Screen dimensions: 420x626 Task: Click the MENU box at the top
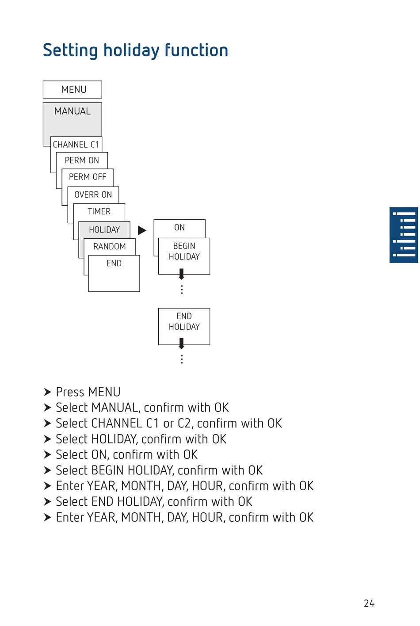(x=73, y=89)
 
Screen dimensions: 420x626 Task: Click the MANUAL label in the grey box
(x=73, y=111)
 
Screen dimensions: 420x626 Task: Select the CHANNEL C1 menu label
(x=76, y=145)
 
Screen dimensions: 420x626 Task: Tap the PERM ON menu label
(x=82, y=160)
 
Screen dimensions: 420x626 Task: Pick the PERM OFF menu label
(x=88, y=177)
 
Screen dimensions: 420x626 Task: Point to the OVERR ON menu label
(x=93, y=195)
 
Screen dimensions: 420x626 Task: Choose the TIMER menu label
(x=99, y=211)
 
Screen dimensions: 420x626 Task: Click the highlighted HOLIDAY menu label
(x=104, y=230)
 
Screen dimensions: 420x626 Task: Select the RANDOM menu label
(x=110, y=247)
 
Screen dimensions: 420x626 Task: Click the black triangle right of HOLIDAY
(x=142, y=230)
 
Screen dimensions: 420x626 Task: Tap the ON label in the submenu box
(x=179, y=228)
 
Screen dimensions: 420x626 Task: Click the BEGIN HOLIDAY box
(x=184, y=256)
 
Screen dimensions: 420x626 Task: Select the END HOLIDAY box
(x=184, y=326)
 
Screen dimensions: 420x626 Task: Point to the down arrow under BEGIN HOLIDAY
(x=181, y=274)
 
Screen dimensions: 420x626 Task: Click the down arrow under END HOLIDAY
(x=181, y=344)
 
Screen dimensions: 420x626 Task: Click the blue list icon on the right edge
(x=404, y=235)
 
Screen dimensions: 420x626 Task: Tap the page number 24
(x=369, y=603)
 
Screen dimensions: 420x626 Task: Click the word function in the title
(x=196, y=50)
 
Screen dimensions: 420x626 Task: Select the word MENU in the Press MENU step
(x=104, y=392)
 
